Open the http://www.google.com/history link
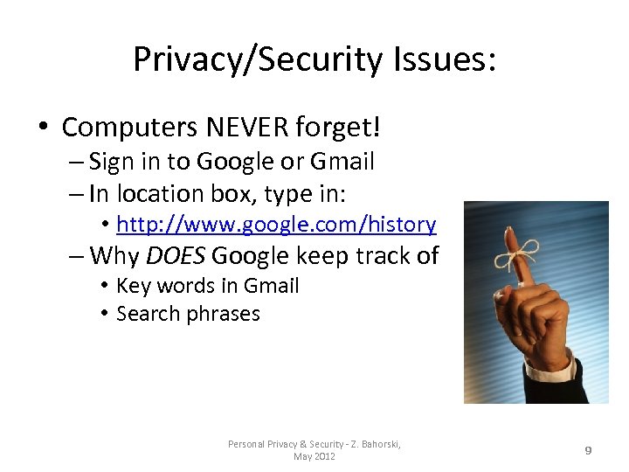[276, 225]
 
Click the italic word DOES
[175, 256]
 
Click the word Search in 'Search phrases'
[147, 314]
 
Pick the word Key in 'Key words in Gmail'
[132, 286]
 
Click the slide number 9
[588, 450]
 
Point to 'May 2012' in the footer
[314, 456]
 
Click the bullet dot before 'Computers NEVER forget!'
[43, 128]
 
